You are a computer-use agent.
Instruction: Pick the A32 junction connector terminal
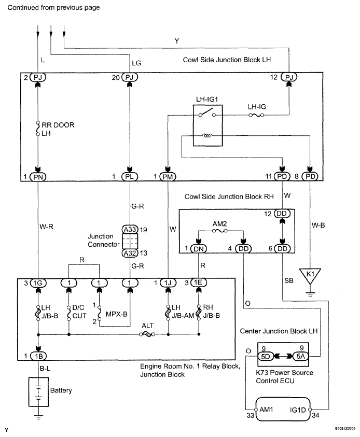click(128, 252)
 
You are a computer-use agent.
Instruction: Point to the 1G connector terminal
click(38, 283)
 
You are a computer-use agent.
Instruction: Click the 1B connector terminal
click(38, 357)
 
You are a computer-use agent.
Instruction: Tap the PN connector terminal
click(38, 176)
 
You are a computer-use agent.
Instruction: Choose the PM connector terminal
click(168, 176)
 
